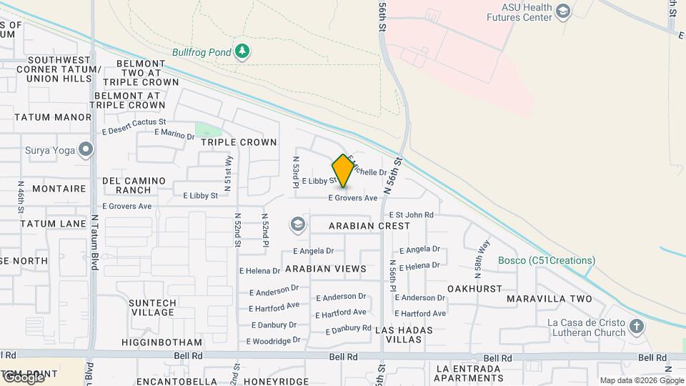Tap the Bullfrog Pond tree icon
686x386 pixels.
click(x=243, y=51)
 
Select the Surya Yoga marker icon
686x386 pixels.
click(x=86, y=150)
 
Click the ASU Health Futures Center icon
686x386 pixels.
click(x=563, y=11)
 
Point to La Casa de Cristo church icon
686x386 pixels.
click(x=636, y=327)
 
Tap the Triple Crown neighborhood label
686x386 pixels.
click(x=239, y=142)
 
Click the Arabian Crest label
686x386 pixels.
click(x=369, y=226)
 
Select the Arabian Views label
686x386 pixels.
click(x=325, y=269)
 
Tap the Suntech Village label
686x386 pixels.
click(x=152, y=307)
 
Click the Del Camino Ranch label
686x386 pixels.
click(x=134, y=185)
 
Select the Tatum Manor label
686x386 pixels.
click(x=53, y=117)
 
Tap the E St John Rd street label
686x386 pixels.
click(x=411, y=214)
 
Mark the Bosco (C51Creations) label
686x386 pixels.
click(x=546, y=261)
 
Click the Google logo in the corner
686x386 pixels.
click(x=23, y=377)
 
